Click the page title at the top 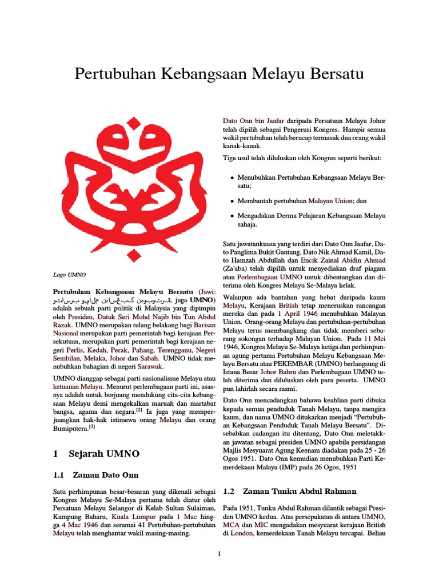219,74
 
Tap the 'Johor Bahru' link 281,371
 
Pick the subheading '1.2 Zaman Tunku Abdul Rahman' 290,491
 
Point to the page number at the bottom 219,554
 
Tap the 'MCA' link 232,525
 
